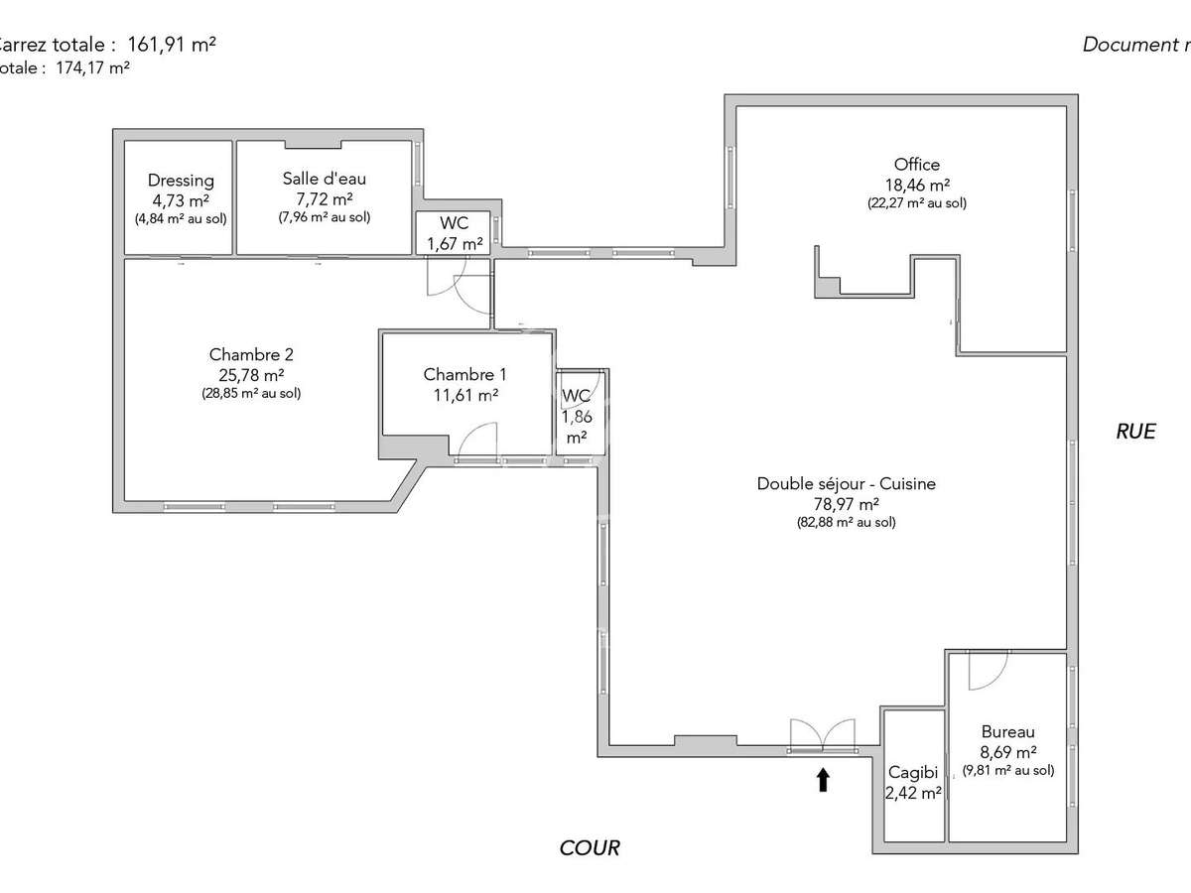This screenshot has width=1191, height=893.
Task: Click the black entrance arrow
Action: point(823,780)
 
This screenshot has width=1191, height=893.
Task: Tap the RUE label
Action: point(1135,431)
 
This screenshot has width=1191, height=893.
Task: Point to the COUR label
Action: point(590,847)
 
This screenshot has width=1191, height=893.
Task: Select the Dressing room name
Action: point(181,181)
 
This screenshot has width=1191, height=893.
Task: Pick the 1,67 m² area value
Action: point(455,243)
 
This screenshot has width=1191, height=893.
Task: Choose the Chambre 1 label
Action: point(464,374)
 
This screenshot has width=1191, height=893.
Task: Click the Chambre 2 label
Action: point(251,354)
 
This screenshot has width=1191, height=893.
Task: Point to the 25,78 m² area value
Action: point(251,374)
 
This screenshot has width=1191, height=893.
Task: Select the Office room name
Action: point(916,165)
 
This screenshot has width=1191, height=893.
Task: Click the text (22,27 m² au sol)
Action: point(916,203)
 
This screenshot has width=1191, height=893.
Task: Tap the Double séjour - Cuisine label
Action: point(846,484)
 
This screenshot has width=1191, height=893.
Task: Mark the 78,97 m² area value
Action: point(846,504)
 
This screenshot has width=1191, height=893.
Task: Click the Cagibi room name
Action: point(913,772)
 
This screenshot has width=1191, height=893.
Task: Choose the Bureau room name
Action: point(1007,732)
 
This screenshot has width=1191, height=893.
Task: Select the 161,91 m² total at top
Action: point(172,44)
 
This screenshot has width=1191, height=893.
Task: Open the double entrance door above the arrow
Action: point(822,735)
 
